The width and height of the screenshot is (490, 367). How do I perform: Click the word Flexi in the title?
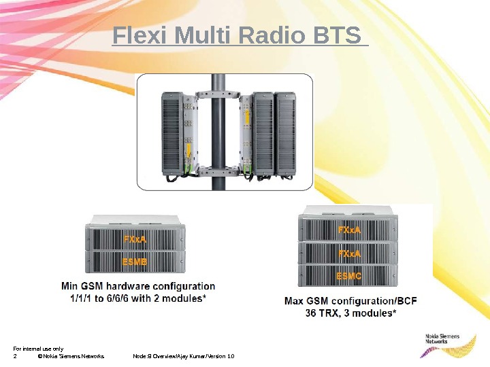[140, 37]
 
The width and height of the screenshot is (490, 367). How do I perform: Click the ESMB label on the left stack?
[134, 261]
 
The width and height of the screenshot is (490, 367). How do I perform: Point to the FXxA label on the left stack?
[134, 239]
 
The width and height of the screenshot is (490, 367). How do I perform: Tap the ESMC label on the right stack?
[350, 276]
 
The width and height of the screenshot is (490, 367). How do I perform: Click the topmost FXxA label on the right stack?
[350, 230]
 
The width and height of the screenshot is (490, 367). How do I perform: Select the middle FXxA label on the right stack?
[350, 254]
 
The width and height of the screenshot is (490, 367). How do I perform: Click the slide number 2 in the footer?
[15, 356]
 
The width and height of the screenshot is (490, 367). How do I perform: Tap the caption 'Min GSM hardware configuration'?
[138, 287]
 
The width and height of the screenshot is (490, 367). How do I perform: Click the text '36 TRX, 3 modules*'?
[350, 313]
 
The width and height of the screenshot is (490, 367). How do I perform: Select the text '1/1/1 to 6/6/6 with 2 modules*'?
[138, 298]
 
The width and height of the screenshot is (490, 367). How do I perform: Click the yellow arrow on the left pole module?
[188, 149]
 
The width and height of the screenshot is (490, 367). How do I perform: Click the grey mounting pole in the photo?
[218, 129]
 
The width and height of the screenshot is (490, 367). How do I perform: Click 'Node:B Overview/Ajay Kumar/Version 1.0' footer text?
[184, 356]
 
